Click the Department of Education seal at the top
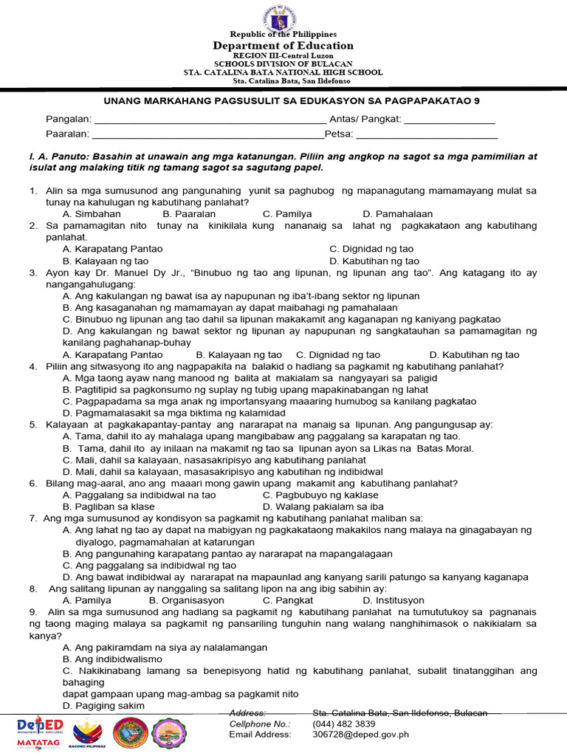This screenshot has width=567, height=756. click(283, 17)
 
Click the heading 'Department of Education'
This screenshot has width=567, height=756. click(283, 46)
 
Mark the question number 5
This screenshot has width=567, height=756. click(33, 425)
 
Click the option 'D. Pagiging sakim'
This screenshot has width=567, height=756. click(103, 706)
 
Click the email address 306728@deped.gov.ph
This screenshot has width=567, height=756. click(360, 735)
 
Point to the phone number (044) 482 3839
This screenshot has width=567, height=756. click(343, 724)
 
